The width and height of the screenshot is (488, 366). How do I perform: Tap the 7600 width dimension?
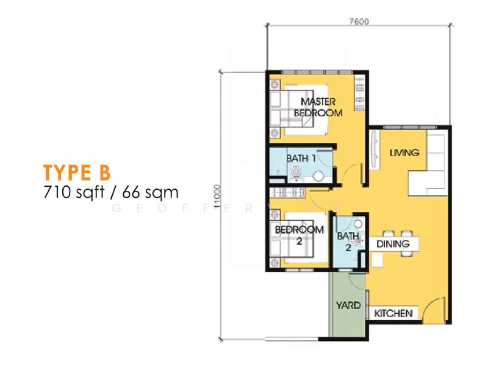tap(359, 21)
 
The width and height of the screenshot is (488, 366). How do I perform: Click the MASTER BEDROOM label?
tap(318, 107)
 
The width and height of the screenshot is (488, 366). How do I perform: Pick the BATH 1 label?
tap(301, 159)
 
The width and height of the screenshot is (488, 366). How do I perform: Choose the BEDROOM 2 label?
tap(299, 235)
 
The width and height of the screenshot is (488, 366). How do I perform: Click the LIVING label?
tap(404, 153)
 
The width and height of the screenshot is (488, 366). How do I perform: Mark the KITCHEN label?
tap(393, 314)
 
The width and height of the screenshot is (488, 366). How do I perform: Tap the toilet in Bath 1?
tap(318, 176)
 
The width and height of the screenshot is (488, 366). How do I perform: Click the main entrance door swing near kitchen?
tap(434, 308)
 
